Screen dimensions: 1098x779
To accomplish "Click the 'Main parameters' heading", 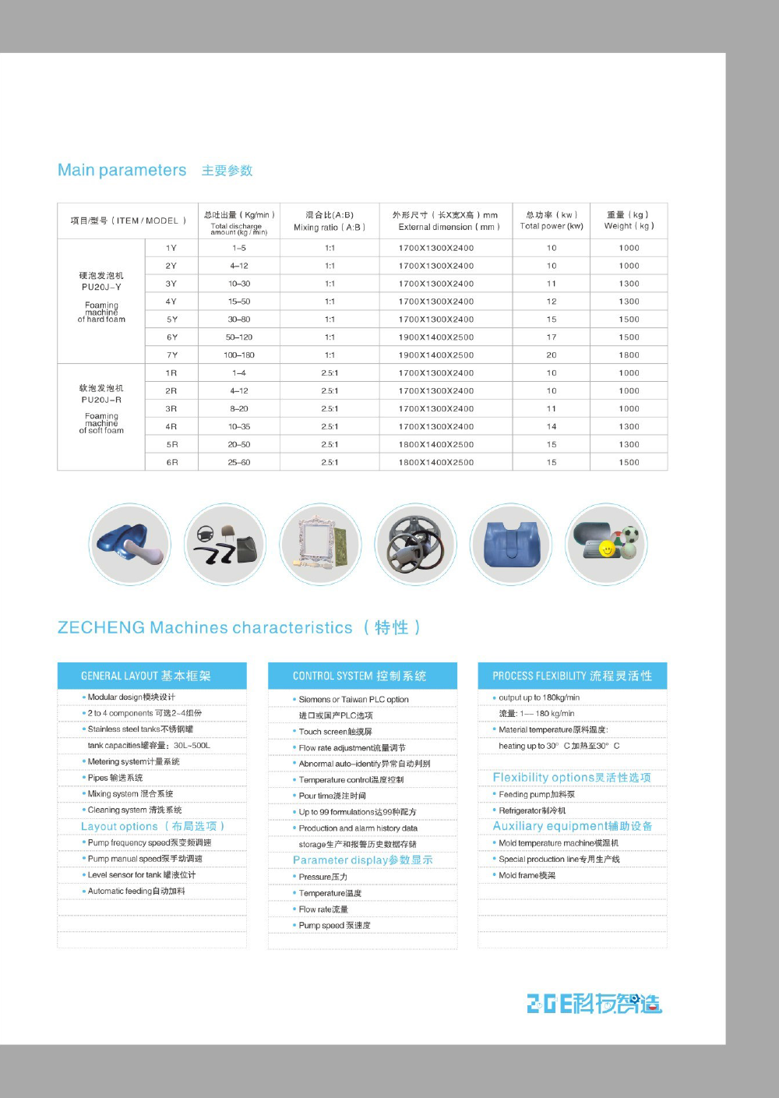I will point(122,170).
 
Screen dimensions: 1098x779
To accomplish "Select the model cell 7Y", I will point(171,355).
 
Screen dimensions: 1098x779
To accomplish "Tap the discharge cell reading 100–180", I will point(239,355).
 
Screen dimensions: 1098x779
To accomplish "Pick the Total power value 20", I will point(552,355).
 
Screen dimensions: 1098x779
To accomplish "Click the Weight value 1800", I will point(629,355).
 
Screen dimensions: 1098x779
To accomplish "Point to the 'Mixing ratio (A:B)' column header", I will point(330,221).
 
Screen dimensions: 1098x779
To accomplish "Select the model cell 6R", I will point(171,463).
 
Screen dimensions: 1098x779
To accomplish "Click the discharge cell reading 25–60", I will point(239,463).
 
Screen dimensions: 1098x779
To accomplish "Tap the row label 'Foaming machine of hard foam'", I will point(101,312).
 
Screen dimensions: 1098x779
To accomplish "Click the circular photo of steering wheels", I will point(415,543).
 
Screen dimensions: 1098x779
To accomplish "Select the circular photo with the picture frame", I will point(320,543).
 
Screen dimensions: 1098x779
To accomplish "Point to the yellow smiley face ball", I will point(606,550).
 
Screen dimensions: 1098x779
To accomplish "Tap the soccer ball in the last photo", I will point(629,535).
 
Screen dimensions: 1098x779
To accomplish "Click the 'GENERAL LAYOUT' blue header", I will point(152,676).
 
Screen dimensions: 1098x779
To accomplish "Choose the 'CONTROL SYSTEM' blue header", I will point(362,676).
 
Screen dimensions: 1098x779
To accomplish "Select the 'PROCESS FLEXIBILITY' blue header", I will point(572,676).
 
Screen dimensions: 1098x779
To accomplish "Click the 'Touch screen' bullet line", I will point(336,732).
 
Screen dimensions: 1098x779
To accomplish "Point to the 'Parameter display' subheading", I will point(362,860).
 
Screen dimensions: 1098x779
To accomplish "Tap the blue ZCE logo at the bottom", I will point(594,1003).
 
